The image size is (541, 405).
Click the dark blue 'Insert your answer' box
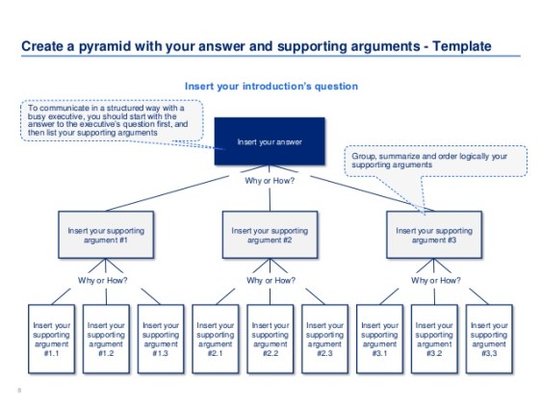click(x=270, y=143)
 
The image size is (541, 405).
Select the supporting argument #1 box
click(x=106, y=236)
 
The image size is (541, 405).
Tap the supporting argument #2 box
click(x=270, y=236)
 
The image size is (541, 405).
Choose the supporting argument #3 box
click(x=434, y=236)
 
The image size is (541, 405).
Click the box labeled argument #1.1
click(x=51, y=339)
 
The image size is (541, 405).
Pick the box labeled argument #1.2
click(x=106, y=339)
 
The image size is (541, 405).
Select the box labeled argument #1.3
click(x=161, y=339)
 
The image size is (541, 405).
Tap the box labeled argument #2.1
click(x=216, y=339)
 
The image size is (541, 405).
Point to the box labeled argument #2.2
click(x=270, y=339)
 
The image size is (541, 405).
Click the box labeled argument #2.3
click(x=325, y=339)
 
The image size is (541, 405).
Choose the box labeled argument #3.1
click(x=379, y=339)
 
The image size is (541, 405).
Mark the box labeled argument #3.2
click(x=434, y=339)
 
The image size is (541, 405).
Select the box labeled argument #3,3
click(x=489, y=339)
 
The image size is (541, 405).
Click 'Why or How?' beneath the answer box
click(x=270, y=181)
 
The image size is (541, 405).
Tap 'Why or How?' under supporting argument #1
click(x=106, y=281)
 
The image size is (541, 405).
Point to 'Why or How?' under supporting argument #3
click(x=434, y=281)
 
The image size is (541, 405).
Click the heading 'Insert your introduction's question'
click(x=270, y=87)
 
